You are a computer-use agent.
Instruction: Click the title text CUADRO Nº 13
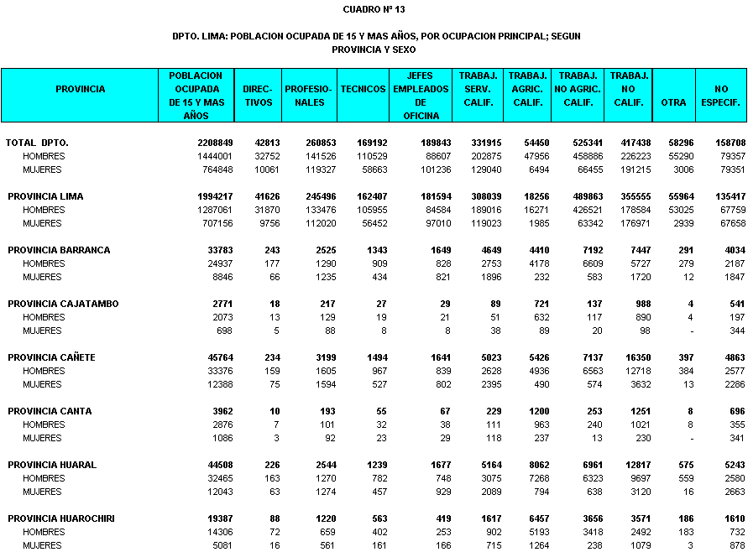tap(374, 9)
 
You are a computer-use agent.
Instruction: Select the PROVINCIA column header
tap(80, 89)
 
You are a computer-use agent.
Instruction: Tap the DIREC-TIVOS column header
tap(258, 96)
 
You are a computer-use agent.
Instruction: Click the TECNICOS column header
tap(364, 89)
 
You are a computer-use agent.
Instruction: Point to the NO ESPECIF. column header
tap(721, 96)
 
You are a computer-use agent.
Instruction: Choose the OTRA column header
tap(673, 102)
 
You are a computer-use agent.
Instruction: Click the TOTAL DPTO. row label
tap(38, 143)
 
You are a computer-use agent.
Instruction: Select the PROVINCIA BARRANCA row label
tap(59, 251)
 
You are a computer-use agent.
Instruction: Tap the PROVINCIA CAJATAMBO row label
tap(63, 305)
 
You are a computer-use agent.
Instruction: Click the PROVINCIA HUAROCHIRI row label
tap(61, 519)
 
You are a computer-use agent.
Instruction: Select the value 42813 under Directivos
tap(262, 143)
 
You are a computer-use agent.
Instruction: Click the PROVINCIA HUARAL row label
tap(52, 466)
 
